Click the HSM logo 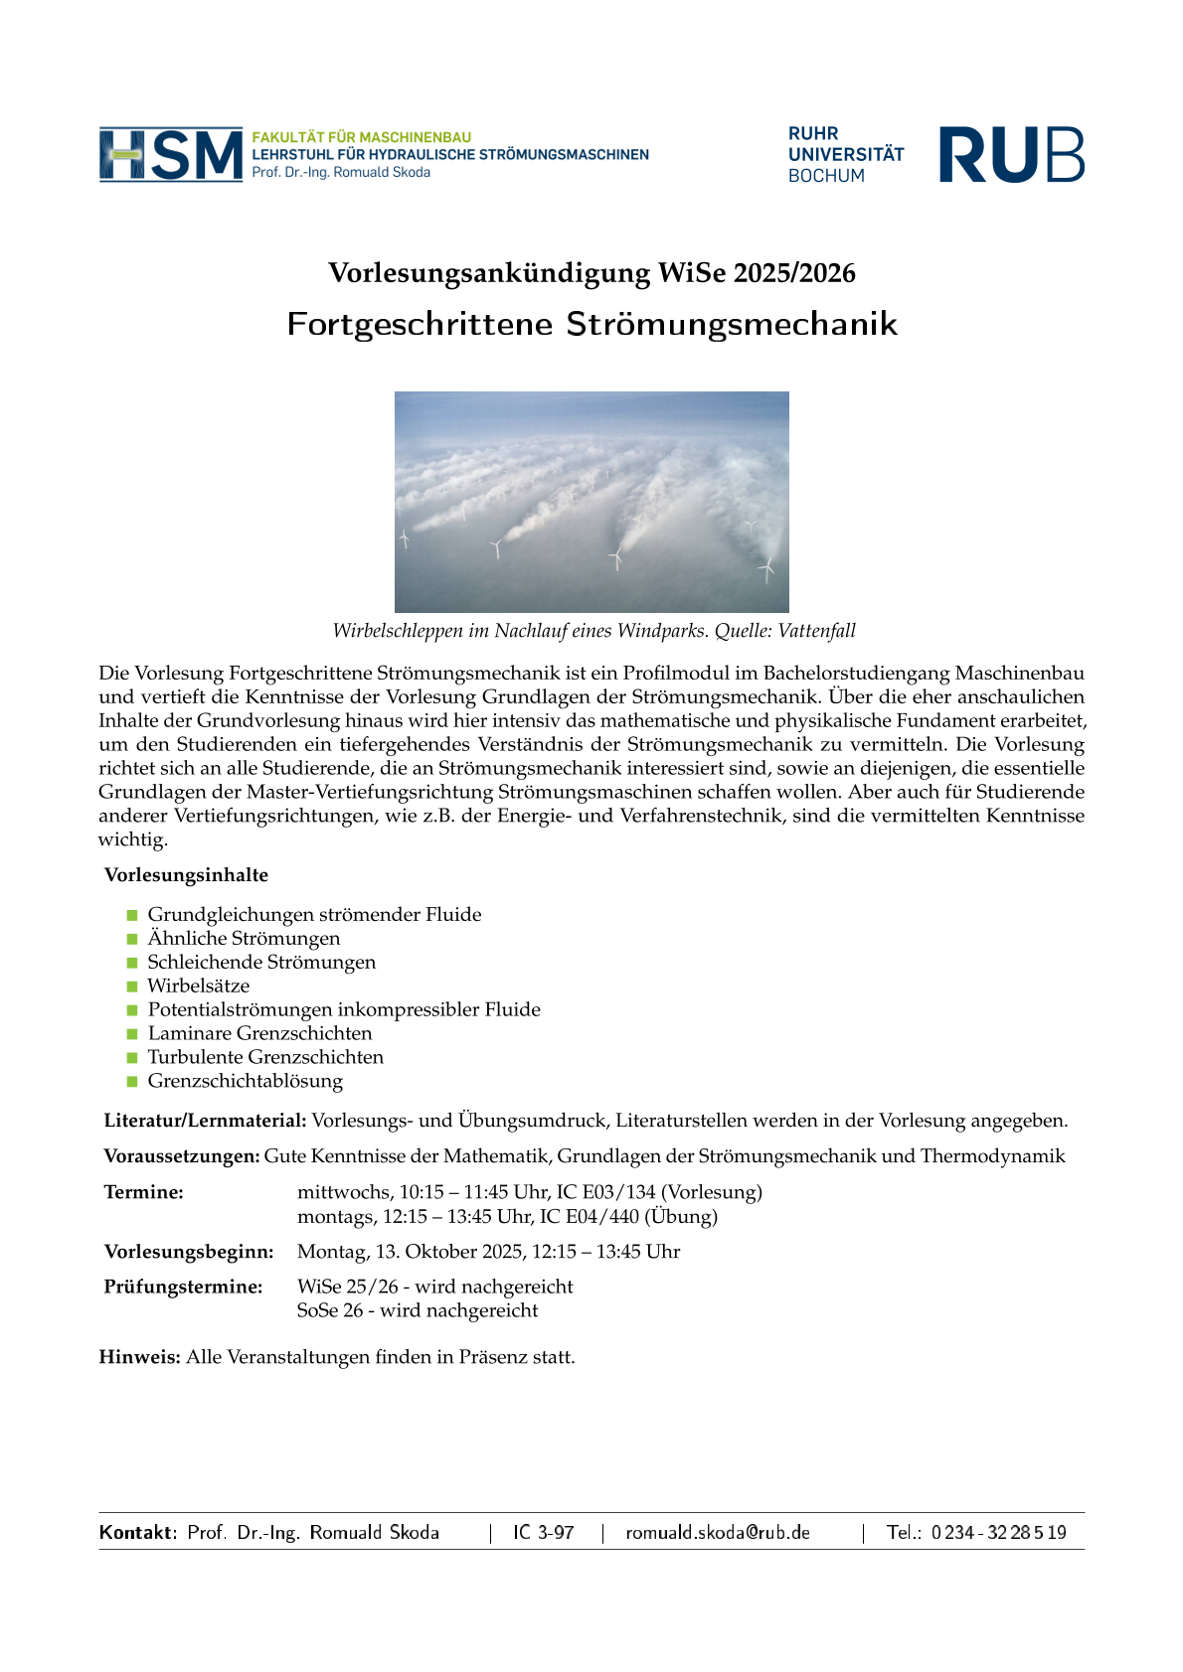171,154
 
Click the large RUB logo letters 1011,155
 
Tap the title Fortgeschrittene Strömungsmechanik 591,324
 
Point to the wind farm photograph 591,502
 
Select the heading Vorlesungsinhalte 186,875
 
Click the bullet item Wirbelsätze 199,986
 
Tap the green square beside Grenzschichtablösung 132,1081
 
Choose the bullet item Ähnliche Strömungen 244,938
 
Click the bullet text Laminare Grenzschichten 259,1033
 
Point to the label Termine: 144,1192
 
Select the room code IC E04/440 590,1216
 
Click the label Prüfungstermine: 184,1287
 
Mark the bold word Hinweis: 139,1357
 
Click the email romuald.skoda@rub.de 718,1532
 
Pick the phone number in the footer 998,1532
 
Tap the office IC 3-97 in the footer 544,1532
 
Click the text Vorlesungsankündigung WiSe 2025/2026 591,273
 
